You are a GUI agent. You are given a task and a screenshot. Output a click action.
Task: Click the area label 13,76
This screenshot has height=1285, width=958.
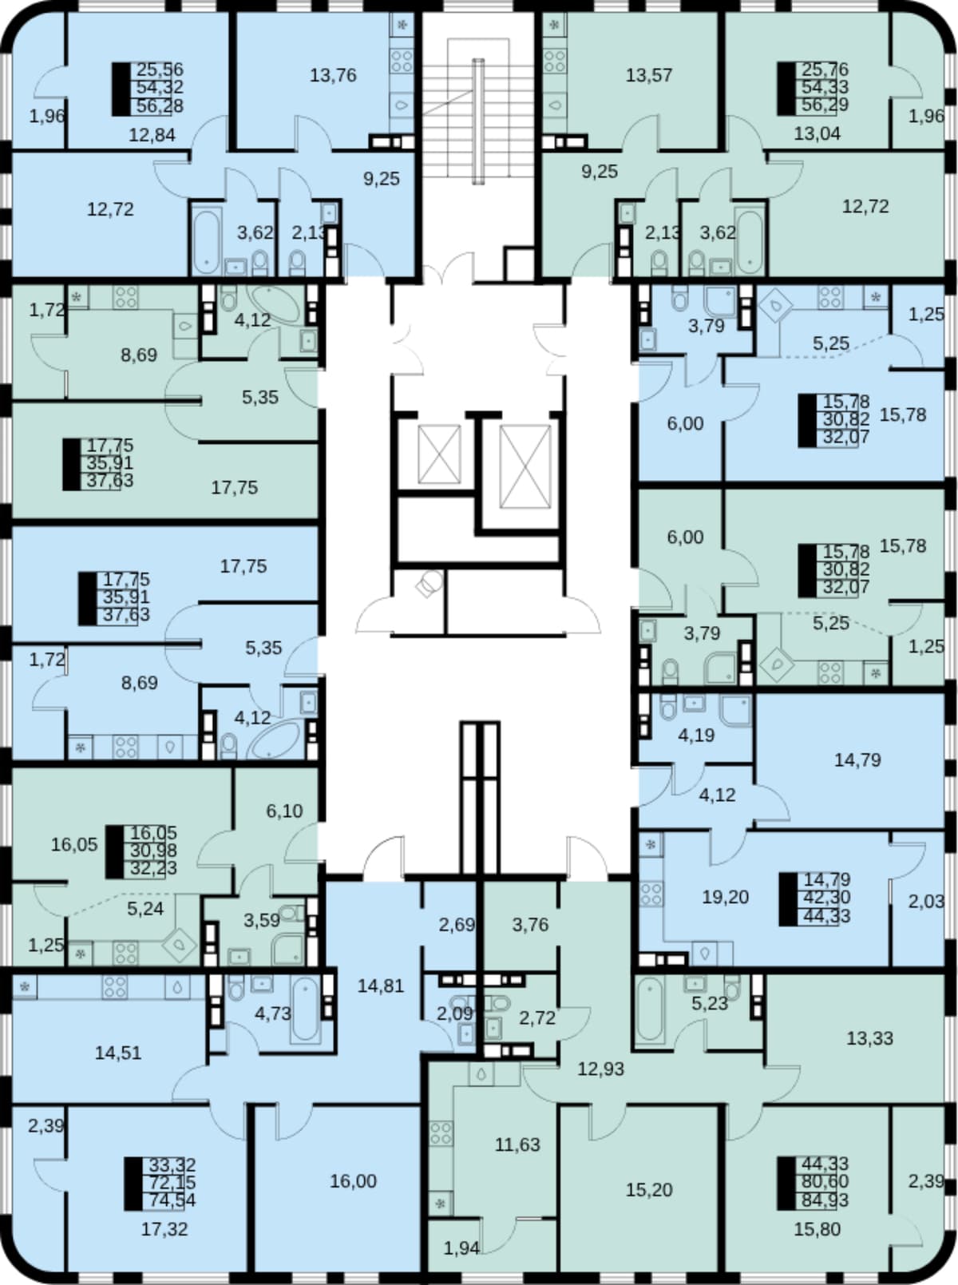pos(333,76)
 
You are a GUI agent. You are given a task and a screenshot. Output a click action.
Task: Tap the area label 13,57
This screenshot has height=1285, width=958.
pos(649,76)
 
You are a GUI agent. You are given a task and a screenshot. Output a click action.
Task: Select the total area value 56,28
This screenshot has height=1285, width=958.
pos(160,106)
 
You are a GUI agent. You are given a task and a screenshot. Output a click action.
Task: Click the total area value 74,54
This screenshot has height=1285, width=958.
pos(172,1200)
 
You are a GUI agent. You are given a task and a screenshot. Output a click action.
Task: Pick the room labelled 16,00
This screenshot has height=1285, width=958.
pos(353,1181)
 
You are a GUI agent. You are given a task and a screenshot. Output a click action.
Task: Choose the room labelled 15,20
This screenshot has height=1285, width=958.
pos(649,1190)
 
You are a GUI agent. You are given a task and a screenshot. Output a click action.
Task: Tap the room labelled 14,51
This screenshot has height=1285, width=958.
pos(118,1053)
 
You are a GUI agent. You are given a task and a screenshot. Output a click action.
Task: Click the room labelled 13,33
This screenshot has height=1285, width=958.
pos(870,1038)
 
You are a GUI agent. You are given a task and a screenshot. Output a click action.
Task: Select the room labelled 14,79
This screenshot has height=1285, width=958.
pos(857,759)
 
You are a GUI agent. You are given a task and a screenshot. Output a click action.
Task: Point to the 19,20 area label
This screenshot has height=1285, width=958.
pos(725,897)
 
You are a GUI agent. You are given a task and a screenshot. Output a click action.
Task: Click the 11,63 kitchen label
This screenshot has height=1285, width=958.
pos(517,1144)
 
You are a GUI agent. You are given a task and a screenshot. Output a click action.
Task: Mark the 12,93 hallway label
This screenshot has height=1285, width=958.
pos(601,1069)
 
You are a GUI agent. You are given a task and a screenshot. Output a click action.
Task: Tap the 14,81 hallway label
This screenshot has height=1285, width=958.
pos(381,986)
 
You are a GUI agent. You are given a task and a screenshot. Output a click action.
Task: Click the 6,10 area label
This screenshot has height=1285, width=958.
pos(285,811)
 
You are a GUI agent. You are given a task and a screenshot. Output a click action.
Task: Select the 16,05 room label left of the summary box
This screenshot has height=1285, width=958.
pos(74,845)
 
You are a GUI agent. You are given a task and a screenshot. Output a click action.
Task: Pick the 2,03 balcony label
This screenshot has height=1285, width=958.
pos(926,902)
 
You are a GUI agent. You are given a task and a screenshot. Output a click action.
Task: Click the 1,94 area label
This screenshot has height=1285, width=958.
pos(461,1249)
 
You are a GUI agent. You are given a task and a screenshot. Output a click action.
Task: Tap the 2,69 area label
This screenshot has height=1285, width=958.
pos(457,925)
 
